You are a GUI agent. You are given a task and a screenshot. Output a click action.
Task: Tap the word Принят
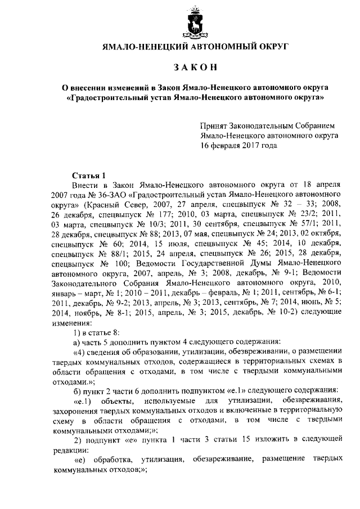point(214,127)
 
